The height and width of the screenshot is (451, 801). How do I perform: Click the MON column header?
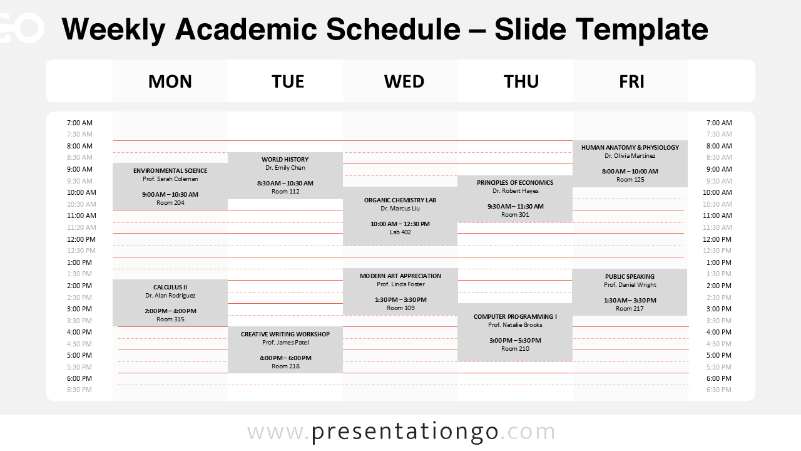[x=170, y=81]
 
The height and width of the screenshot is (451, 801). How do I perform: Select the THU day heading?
[x=521, y=81]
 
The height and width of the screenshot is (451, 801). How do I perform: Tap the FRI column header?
[x=631, y=81]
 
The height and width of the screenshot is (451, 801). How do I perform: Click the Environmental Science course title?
[x=170, y=170]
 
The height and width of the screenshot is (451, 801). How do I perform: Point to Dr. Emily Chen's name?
[x=285, y=168]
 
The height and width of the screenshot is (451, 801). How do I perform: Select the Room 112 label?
[x=285, y=192]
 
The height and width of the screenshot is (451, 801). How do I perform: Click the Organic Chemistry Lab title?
[x=400, y=200]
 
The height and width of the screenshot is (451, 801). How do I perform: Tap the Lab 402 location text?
[x=400, y=232]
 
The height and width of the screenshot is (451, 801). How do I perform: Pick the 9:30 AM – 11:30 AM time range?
[x=515, y=206]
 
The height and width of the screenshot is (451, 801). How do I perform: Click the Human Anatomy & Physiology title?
[x=630, y=148]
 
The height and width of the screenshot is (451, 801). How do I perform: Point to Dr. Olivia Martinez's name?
[x=630, y=156]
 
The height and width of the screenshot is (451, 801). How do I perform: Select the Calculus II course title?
[x=170, y=288]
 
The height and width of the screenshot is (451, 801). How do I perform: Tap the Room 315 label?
[x=170, y=319]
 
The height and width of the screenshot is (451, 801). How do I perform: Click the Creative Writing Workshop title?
[x=285, y=334]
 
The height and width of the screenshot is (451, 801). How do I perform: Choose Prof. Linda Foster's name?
[x=400, y=284]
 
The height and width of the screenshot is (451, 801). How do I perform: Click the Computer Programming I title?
[x=515, y=317]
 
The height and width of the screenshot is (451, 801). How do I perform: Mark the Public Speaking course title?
[x=630, y=277]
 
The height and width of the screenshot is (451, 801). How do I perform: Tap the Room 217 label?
[x=630, y=309]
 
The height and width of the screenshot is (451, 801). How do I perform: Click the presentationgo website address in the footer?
[x=401, y=432]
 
